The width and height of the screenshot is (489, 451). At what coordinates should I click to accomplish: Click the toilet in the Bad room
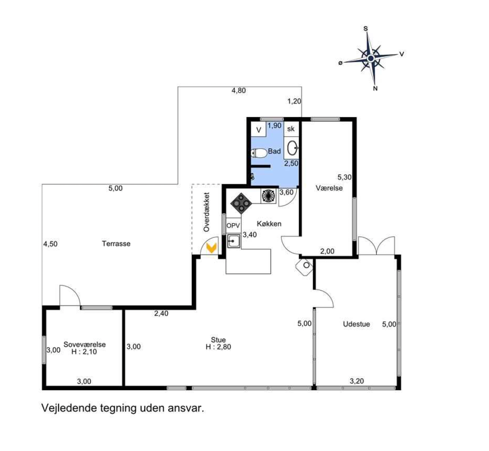click(x=259, y=153)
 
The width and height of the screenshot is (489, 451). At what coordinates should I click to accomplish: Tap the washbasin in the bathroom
click(x=292, y=148)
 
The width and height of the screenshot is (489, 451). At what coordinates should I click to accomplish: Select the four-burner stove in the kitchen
click(x=241, y=203)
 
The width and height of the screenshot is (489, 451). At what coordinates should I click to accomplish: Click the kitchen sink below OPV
click(x=234, y=241)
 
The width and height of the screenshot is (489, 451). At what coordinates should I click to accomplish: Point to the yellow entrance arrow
click(x=212, y=248)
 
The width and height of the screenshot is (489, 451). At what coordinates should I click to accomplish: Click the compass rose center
click(x=370, y=58)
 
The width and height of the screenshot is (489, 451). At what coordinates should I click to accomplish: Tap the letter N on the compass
click(x=375, y=89)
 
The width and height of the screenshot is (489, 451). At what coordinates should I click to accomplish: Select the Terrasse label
click(x=116, y=244)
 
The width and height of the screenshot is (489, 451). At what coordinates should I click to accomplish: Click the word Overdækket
click(x=206, y=212)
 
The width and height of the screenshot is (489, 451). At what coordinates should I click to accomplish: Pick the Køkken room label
click(x=269, y=224)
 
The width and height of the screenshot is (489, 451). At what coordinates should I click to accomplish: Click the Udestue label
click(x=356, y=324)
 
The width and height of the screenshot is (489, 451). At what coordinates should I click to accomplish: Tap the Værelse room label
click(x=329, y=188)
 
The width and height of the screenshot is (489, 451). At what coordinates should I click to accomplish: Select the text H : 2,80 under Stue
click(x=218, y=347)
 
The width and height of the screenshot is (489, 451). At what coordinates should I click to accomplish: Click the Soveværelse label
click(x=84, y=345)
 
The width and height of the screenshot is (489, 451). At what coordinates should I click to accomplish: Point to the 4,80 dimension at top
click(x=239, y=90)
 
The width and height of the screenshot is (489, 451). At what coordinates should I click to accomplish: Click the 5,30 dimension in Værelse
click(x=344, y=177)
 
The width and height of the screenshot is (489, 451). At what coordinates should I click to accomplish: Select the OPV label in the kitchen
click(x=233, y=225)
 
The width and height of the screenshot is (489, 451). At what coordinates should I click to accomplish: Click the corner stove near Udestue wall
click(x=304, y=266)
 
